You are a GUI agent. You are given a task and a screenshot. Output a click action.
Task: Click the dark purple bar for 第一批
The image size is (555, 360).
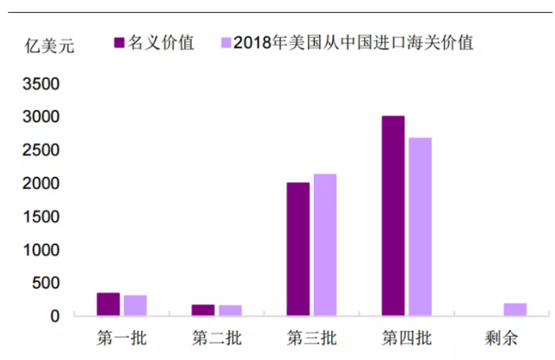(108, 304)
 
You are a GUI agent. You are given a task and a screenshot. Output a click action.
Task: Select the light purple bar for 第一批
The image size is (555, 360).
(135, 305)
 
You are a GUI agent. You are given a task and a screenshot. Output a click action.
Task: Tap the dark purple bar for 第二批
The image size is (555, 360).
(203, 311)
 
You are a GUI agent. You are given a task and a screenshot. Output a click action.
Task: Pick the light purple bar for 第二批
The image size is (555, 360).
(230, 311)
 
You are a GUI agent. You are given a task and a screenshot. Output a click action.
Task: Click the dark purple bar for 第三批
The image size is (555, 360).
(297, 250)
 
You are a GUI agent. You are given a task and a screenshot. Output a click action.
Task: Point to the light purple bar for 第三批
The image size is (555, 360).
(325, 245)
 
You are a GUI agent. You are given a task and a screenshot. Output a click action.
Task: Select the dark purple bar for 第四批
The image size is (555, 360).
(393, 216)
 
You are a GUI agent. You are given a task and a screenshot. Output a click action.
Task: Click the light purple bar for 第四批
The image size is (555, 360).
(420, 227)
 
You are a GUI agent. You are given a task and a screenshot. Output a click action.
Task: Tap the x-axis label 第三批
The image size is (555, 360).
(310, 337)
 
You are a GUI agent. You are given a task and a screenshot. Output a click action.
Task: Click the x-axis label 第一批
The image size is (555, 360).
(121, 337)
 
